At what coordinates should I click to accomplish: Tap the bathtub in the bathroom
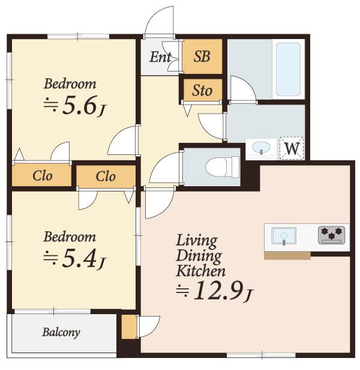coord(288,70)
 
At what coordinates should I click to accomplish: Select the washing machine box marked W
coord(292,148)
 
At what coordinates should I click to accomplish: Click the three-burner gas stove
coord(331,235)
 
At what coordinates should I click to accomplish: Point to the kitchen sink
coord(284,235)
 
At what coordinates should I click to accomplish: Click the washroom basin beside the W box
coord(261,148)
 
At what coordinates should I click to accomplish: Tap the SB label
coord(202,56)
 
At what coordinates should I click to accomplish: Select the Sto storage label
coord(202,90)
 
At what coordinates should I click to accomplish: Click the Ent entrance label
coord(160,57)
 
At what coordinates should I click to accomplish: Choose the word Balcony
coord(61,333)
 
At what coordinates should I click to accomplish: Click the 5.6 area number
coord(80,105)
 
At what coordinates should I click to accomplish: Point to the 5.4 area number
coord(80,258)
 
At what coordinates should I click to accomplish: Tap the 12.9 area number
coord(218,291)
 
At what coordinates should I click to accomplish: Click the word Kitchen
coord(200,271)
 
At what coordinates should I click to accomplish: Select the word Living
coord(197,241)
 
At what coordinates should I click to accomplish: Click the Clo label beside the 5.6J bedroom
coord(43,176)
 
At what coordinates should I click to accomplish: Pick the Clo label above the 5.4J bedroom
coord(106,176)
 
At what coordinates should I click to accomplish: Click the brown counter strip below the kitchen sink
coord(287,256)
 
